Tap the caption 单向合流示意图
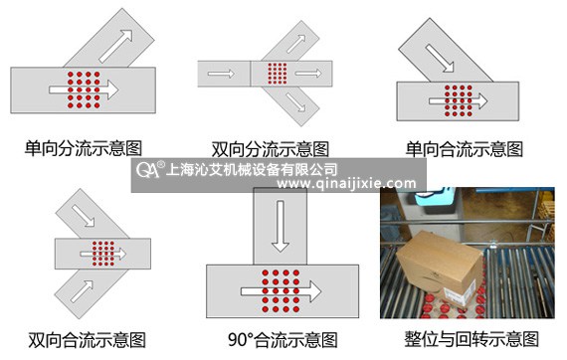[464, 148]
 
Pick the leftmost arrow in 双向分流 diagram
[222, 74]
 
